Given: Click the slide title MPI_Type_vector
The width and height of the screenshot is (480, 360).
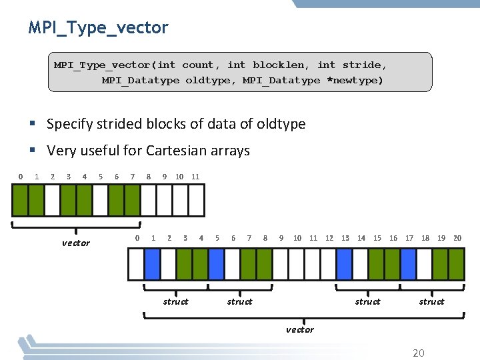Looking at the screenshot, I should pos(98,28).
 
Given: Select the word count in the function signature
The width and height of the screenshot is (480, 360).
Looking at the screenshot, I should pos(198,65).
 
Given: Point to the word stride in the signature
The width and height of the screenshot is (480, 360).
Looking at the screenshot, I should pos(363,65).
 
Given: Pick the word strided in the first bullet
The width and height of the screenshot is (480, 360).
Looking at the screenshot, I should pos(121,124).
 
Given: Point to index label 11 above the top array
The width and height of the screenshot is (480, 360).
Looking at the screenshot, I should pos(195,177).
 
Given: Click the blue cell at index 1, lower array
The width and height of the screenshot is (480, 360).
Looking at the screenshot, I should pos(153,263).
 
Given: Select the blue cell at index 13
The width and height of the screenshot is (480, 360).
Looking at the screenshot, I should pos(345,263).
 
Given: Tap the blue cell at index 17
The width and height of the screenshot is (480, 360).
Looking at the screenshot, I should pos(409,263).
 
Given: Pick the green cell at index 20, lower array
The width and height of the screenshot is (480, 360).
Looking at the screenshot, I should pos(457,263).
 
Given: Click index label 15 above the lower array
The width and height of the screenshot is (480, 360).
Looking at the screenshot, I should pos(377,238).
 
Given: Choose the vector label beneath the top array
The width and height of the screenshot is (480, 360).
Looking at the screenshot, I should pos(75,243).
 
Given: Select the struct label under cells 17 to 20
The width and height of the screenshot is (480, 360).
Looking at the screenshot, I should pos(431,301).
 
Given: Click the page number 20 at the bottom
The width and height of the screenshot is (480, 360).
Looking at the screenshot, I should pos(418,353).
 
